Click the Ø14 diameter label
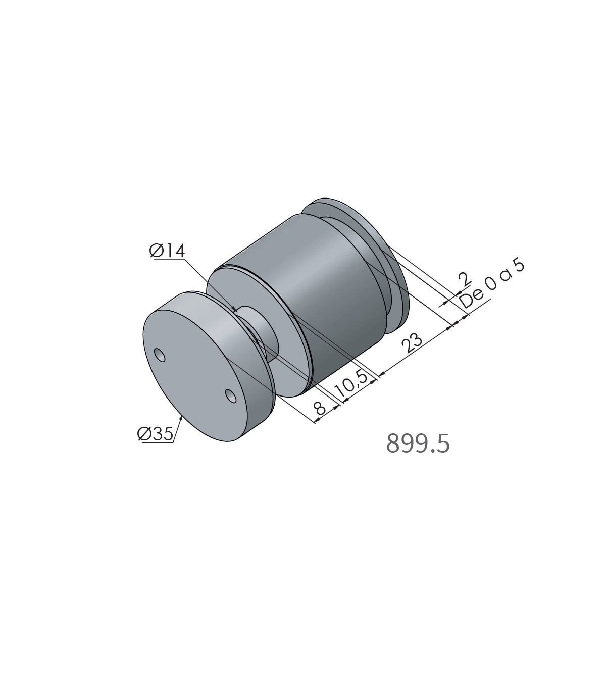(x=167, y=252)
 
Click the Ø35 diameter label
(x=156, y=434)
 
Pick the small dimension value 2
(x=465, y=279)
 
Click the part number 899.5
(x=418, y=443)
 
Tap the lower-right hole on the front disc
(x=231, y=396)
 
